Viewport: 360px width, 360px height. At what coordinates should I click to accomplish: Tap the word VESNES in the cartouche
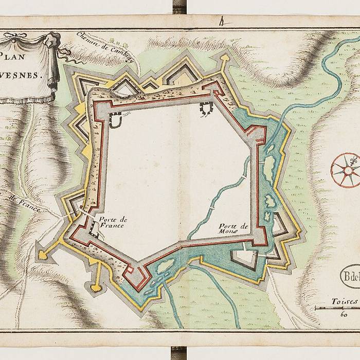[23, 75]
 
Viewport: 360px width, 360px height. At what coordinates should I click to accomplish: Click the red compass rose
[345, 170]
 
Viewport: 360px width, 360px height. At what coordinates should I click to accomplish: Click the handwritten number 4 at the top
[222, 22]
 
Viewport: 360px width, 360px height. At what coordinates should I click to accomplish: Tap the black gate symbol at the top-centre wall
[206, 109]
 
